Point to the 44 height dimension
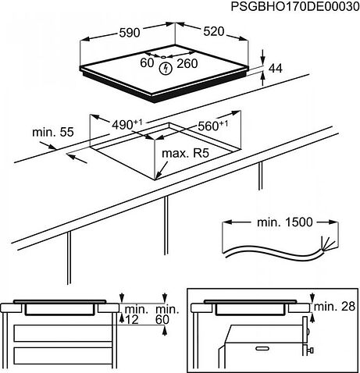click(274, 69)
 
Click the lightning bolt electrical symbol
click(164, 69)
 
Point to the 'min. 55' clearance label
click(52, 133)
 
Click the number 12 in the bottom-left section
click(132, 320)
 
